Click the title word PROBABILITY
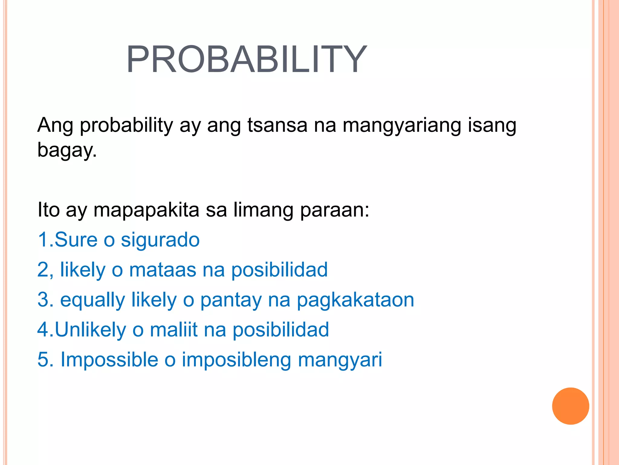click(246, 59)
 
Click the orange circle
click(570, 406)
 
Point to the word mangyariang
click(402, 125)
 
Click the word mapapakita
click(146, 210)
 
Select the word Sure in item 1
click(76, 240)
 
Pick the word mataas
click(162, 269)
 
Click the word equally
click(92, 300)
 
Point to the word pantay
click(231, 300)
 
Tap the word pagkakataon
click(355, 300)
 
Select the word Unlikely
click(90, 330)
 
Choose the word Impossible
click(109, 360)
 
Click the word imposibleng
click(236, 360)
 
